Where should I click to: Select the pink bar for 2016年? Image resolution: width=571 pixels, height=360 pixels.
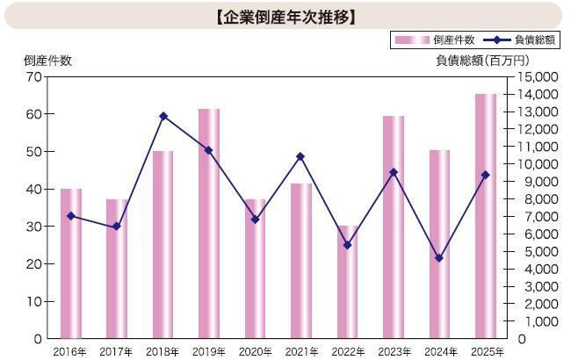point(71,263)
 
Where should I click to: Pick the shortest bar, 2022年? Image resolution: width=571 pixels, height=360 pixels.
point(348,282)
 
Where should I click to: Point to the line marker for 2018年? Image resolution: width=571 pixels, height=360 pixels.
point(163,116)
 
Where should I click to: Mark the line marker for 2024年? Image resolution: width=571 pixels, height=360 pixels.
point(439,258)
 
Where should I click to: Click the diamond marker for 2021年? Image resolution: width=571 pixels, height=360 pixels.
point(301,156)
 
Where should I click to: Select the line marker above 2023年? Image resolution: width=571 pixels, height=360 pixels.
point(394,172)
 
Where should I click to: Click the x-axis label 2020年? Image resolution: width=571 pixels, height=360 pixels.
point(256,351)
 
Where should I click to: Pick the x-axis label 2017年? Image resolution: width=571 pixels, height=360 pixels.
point(117,351)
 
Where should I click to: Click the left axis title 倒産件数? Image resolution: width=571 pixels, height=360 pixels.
point(48,60)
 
